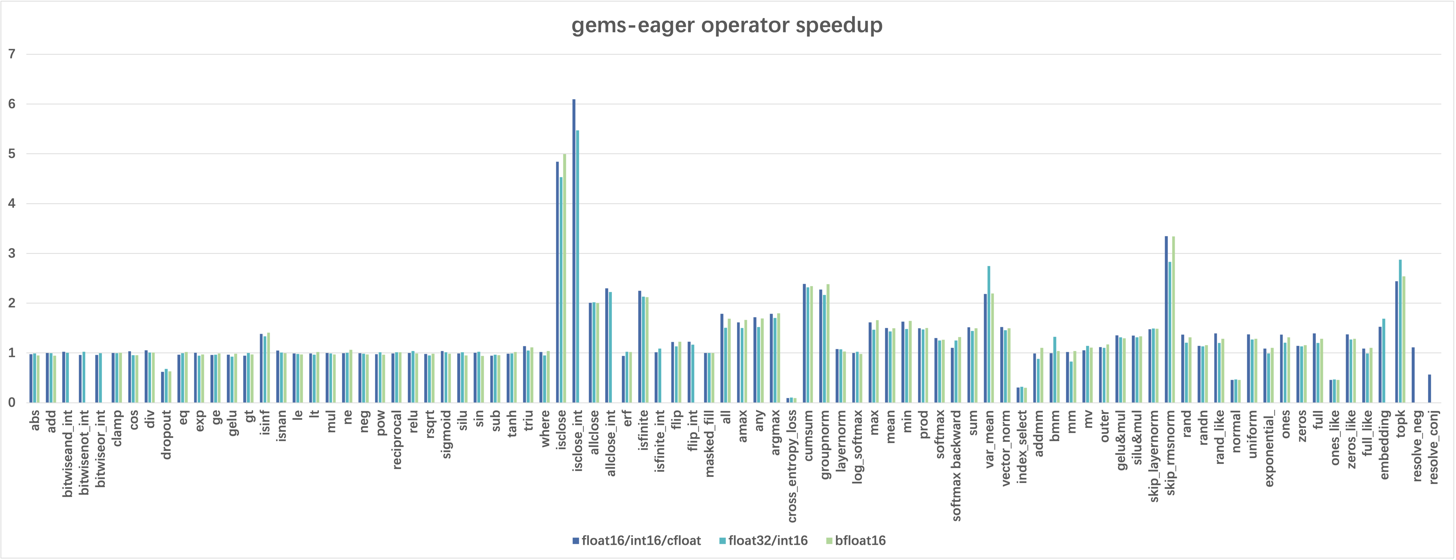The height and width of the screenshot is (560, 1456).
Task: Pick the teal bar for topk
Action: [1400, 331]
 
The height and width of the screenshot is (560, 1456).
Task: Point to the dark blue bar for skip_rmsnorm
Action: [1166, 320]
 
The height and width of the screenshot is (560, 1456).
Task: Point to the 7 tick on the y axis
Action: [12, 54]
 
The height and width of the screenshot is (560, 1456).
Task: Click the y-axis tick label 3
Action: [12, 253]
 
